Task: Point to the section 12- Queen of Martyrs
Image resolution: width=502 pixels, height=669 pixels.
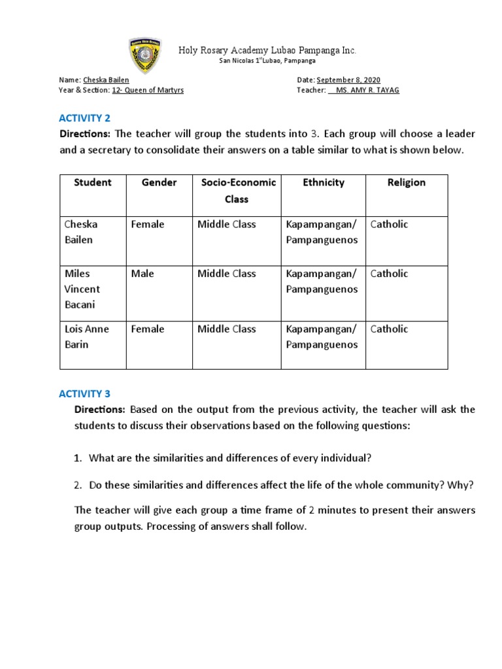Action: click(148, 90)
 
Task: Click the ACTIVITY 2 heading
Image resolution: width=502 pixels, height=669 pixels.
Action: click(84, 118)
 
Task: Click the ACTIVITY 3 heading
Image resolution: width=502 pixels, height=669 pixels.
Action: click(84, 393)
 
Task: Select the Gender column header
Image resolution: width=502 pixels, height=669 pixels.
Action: click(159, 183)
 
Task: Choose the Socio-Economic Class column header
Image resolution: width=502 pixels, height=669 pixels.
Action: click(238, 190)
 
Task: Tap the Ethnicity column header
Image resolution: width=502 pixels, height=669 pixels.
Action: click(323, 183)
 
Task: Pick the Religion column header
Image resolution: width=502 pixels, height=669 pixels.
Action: click(406, 183)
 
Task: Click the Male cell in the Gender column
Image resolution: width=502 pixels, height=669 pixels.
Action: click(142, 274)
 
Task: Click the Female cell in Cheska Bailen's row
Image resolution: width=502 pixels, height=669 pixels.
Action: click(148, 224)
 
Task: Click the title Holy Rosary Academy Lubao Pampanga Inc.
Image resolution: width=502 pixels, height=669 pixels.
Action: click(267, 50)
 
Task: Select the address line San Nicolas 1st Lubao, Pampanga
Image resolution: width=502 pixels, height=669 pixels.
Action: click(267, 61)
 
